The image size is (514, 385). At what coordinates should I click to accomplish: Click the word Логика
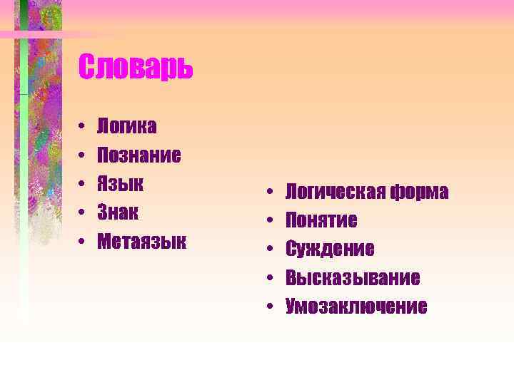coord(127,126)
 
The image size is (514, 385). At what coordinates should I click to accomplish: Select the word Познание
coord(138,155)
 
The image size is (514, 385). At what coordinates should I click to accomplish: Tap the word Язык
coord(121,183)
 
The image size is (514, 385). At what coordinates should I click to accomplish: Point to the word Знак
coord(119,212)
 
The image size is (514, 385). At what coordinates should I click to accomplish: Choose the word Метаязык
coord(141,241)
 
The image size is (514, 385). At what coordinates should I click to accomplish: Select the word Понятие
coord(321,220)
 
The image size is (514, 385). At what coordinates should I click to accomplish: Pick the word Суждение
coord(330,249)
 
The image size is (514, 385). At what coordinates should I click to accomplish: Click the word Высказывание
coord(353,277)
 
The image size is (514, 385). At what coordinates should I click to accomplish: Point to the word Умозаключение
coord(356,307)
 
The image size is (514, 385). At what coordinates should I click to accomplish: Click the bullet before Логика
coord(83,127)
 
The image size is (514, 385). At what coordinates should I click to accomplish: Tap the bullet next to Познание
coord(83,155)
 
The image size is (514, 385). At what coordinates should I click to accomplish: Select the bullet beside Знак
coord(83,212)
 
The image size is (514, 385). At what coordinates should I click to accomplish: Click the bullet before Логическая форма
coord(272,192)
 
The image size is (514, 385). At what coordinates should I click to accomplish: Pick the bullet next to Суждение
coord(272,250)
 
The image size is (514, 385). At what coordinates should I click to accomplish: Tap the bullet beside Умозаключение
coord(272,307)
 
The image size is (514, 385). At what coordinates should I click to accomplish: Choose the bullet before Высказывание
coord(272,278)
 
